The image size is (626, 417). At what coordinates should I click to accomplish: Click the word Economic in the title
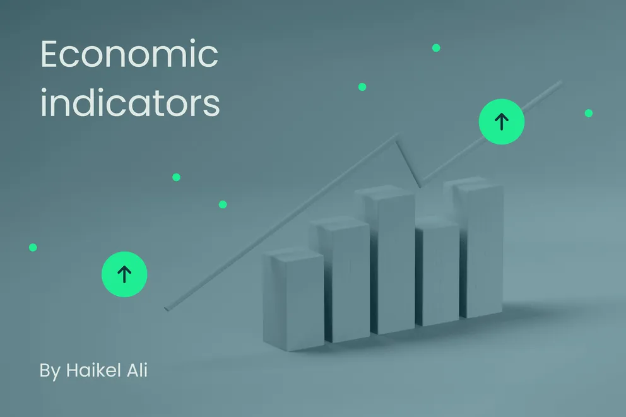click(x=129, y=56)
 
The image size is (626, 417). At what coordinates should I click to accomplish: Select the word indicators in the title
click(x=130, y=103)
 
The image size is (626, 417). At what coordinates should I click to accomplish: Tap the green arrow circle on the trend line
click(x=502, y=121)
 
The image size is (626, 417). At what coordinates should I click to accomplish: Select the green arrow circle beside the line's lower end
click(x=124, y=274)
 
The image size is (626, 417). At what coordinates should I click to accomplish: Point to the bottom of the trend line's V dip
click(x=418, y=186)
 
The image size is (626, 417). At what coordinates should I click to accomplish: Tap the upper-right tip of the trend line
click(x=560, y=82)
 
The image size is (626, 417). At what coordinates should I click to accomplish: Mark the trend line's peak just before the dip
click(x=397, y=134)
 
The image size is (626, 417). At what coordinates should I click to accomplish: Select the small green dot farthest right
click(x=589, y=113)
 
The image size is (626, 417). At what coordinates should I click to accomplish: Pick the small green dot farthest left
click(x=33, y=247)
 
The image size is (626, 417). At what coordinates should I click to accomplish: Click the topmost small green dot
click(x=436, y=48)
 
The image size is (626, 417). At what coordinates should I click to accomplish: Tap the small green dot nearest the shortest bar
click(x=223, y=204)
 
